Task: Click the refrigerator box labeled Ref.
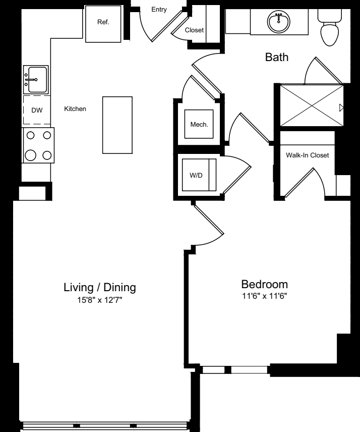coord(103,24)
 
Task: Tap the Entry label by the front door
coord(159,10)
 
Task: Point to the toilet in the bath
coord(329,27)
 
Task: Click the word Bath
coord(277,57)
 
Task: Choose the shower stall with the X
coord(312,105)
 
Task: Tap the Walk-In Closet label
coord(307,155)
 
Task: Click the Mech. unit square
coord(199,124)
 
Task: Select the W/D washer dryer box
coord(199,175)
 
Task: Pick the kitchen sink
coord(36,80)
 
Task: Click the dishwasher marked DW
coord(37,110)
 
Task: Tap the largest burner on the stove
coord(31,155)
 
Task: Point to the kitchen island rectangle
coord(117,125)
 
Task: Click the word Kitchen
coord(75,109)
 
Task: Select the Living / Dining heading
coord(100,287)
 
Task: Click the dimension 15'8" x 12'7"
coord(99,300)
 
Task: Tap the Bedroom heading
coord(265,284)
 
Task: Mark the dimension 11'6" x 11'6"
coord(265,296)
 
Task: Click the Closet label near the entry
coord(194,30)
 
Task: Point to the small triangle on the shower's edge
coord(341,107)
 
